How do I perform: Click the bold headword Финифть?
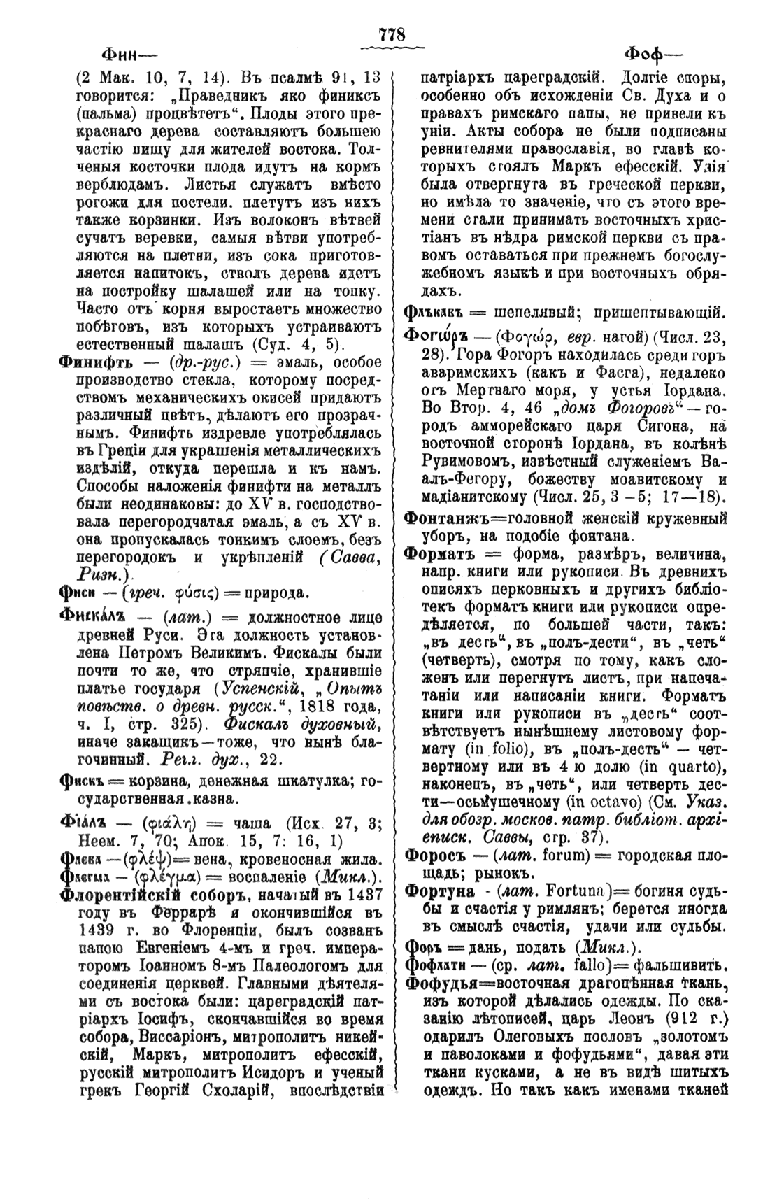coord(95,362)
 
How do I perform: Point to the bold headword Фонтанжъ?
coord(439,518)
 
